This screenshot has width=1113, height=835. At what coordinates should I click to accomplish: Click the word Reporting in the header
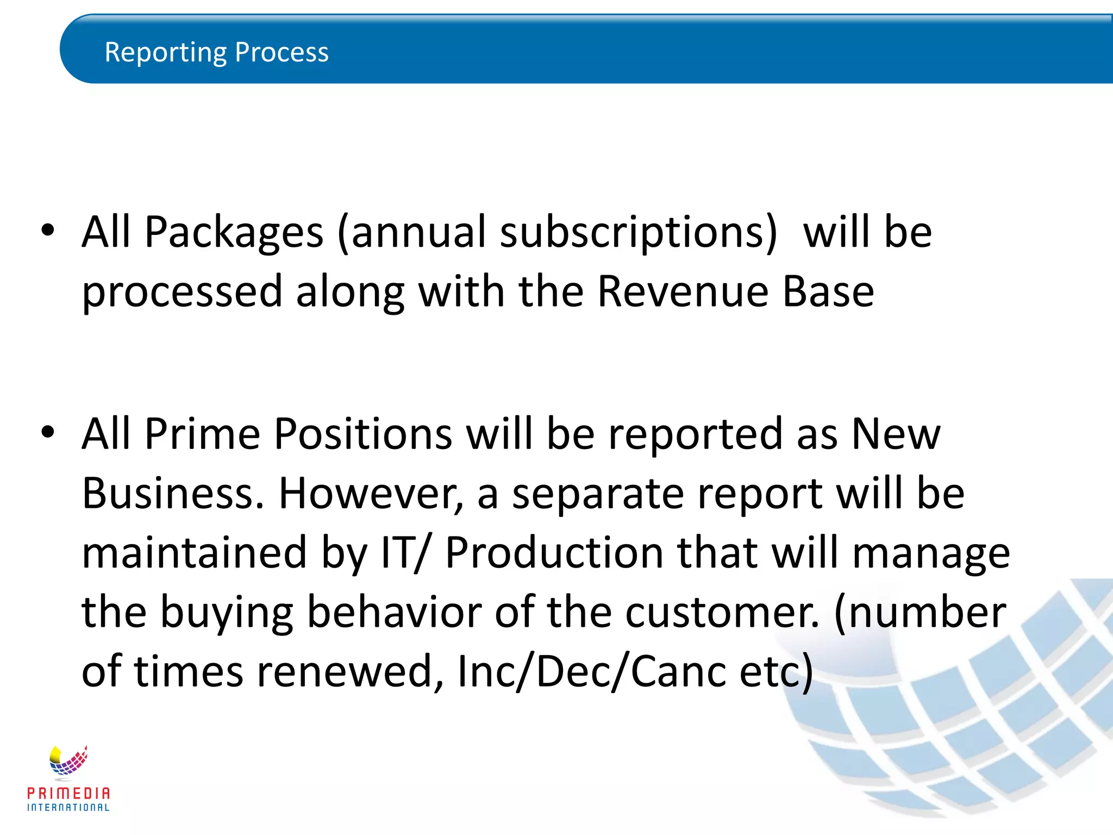[x=166, y=53]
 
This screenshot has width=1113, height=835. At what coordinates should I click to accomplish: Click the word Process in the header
[x=282, y=53]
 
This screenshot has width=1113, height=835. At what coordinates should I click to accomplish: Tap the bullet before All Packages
[x=48, y=230]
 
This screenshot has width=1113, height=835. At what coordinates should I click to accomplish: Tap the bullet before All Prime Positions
[x=48, y=432]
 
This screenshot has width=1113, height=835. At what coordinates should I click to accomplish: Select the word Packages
[x=234, y=233]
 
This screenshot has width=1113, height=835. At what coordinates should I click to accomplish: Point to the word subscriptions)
[x=639, y=233]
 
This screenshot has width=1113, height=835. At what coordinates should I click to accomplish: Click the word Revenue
[x=683, y=291]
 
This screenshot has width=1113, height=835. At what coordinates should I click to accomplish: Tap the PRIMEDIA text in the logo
[x=68, y=793]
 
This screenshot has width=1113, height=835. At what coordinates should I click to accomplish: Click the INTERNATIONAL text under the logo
[x=68, y=808]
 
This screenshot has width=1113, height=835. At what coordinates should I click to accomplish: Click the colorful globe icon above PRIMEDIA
[x=68, y=761]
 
